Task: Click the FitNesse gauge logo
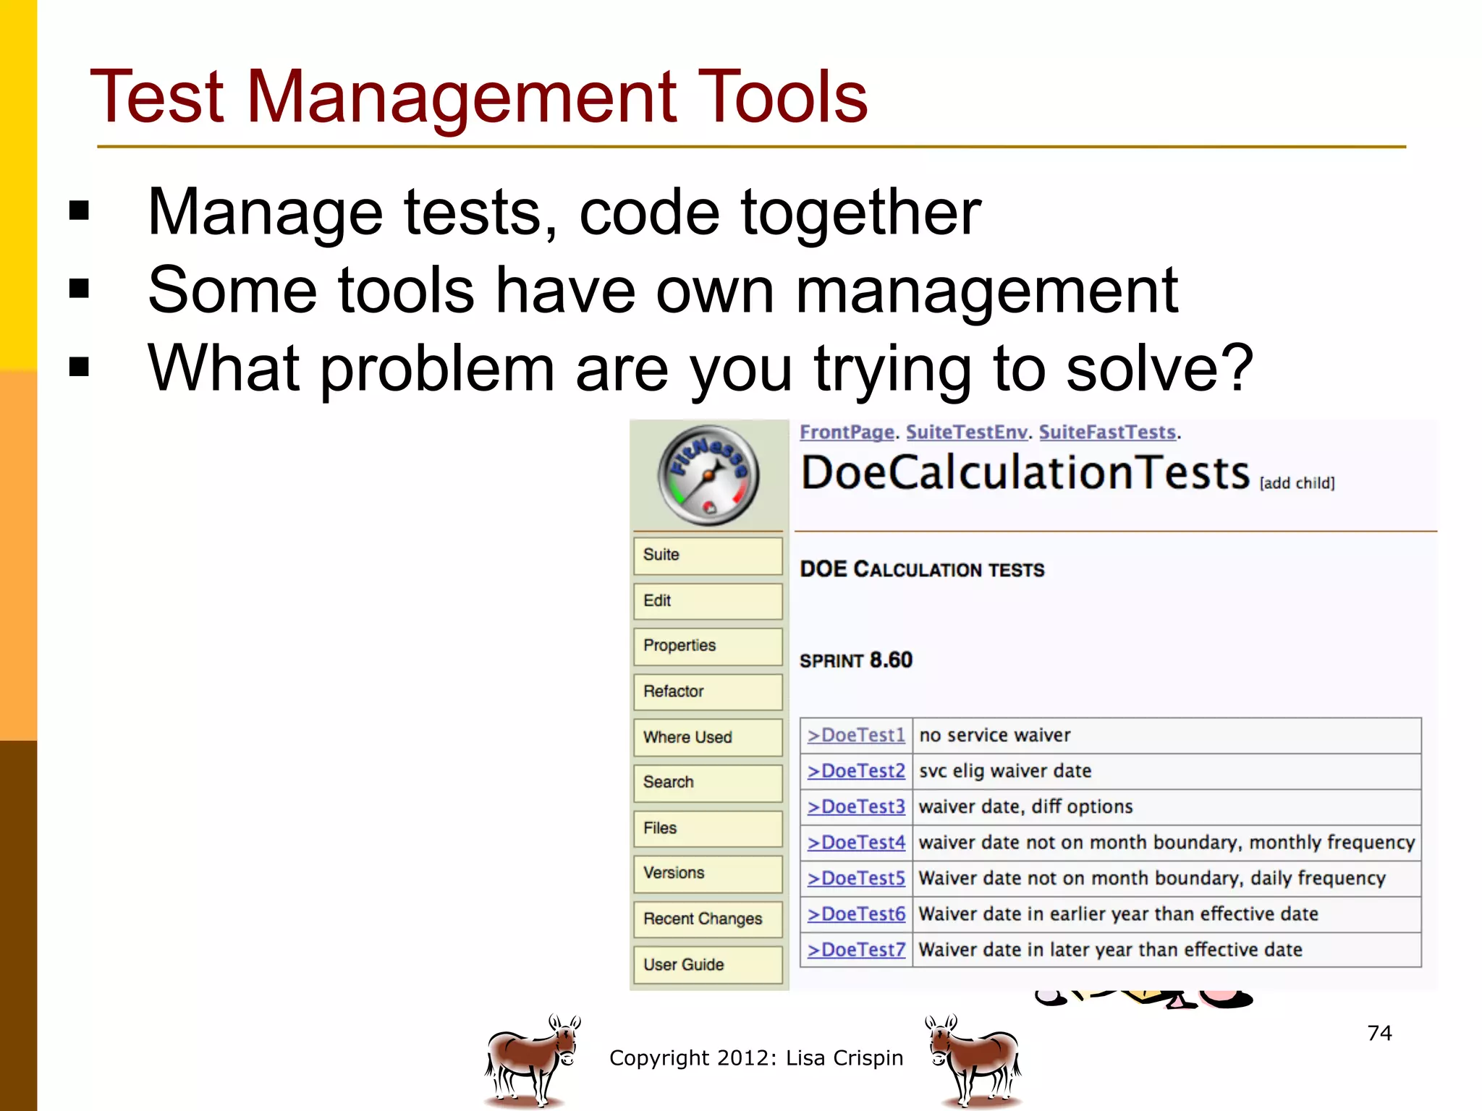coord(708,475)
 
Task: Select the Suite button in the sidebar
coord(708,555)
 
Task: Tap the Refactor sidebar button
coord(708,691)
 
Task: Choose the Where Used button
coord(708,737)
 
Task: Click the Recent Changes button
coord(708,919)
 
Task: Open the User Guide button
coord(708,964)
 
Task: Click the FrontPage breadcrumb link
coord(847,433)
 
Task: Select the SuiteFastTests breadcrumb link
coord(1107,433)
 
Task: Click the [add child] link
coord(1297,483)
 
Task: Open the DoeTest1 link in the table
coord(857,736)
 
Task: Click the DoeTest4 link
coord(857,843)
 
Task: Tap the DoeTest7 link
coord(857,950)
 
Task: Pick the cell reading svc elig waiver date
coord(1005,771)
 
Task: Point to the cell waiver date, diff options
coord(1025,806)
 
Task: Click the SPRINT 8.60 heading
coord(856,660)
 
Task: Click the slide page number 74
coord(1379,1033)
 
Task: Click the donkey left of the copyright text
coord(532,1060)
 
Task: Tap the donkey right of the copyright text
coord(973,1060)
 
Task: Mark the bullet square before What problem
coord(79,367)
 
